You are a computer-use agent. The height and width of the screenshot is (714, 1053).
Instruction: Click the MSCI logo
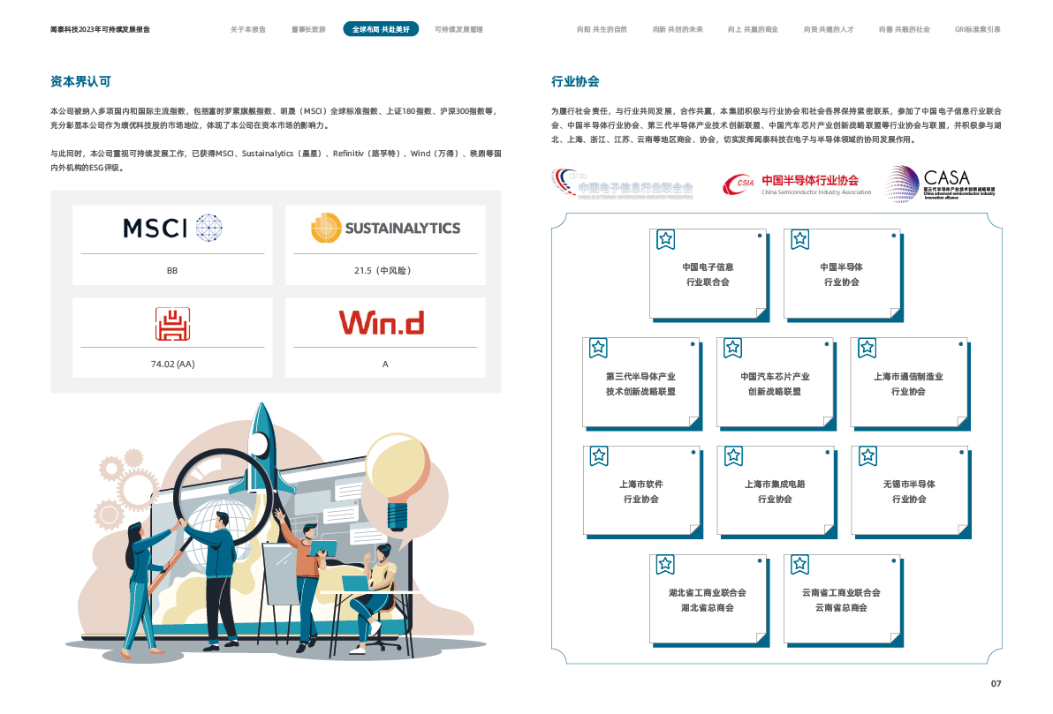tap(172, 228)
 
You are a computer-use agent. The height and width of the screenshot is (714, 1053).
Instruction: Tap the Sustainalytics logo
tap(385, 228)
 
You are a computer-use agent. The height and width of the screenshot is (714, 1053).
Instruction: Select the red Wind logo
tap(382, 322)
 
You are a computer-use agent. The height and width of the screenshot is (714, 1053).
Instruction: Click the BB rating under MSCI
tap(172, 270)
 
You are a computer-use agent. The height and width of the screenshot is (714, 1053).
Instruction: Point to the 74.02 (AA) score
tap(172, 364)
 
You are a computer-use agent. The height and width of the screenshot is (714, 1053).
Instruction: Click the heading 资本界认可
tap(80, 81)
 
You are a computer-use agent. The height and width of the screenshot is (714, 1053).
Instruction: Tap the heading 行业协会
tap(575, 81)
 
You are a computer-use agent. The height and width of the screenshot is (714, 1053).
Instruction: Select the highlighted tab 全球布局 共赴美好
tap(381, 29)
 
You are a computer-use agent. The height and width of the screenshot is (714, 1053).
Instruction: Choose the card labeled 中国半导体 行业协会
tap(841, 274)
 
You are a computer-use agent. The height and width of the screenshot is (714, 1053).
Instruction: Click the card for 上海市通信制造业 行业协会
tap(908, 383)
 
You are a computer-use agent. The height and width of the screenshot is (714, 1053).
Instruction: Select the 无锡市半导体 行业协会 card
tap(908, 492)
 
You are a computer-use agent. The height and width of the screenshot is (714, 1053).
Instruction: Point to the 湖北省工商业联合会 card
tap(707, 600)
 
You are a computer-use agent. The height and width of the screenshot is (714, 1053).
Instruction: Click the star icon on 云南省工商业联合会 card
tap(799, 565)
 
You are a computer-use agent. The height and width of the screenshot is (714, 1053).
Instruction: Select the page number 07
tap(996, 684)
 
